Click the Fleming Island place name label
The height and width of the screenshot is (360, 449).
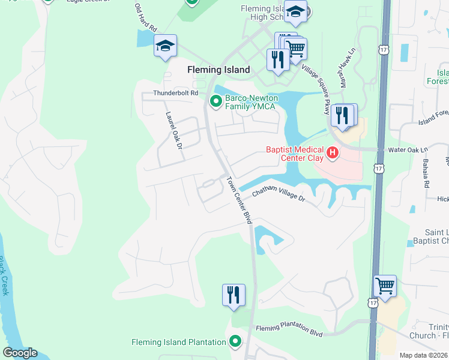(x=218, y=70)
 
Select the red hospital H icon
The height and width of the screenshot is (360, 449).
(x=332, y=154)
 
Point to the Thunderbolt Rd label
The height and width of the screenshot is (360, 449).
(x=175, y=93)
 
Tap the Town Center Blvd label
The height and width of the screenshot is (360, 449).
(x=239, y=200)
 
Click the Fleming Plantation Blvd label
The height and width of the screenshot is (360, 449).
(x=289, y=329)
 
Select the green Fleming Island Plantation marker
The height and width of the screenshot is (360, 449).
(x=235, y=343)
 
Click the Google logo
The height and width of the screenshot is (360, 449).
(x=20, y=353)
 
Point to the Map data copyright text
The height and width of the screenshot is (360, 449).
(x=423, y=355)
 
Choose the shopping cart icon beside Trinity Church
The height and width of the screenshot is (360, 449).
(x=385, y=286)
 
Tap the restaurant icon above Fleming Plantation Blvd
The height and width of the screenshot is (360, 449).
(x=234, y=295)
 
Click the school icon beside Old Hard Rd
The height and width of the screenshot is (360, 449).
(x=165, y=45)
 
